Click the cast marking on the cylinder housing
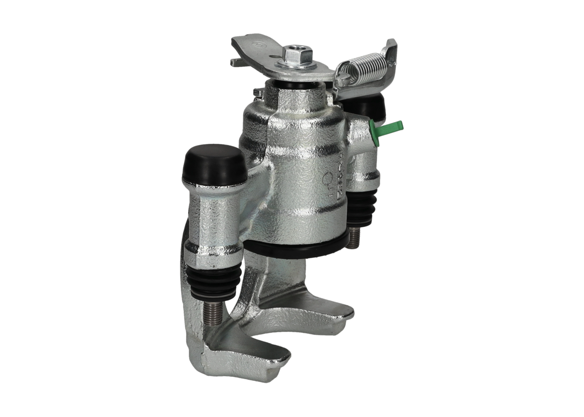tap(335, 182)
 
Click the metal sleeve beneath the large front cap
tap(212, 214)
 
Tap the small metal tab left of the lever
tap(237, 62)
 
